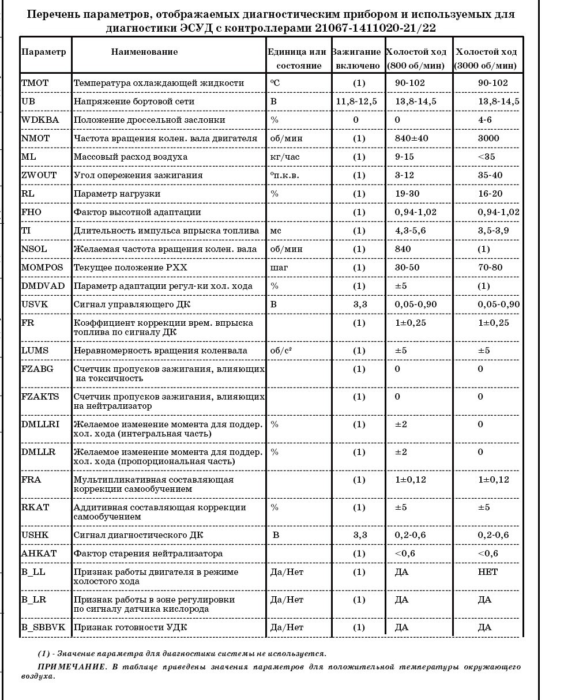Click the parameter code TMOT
(x=35, y=83)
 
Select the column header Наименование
(x=144, y=52)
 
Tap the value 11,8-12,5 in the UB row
(x=356, y=101)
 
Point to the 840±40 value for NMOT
(x=411, y=138)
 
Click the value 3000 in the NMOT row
(x=489, y=138)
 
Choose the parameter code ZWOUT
(x=39, y=175)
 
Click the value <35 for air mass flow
(x=487, y=157)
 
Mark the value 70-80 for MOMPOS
(x=490, y=268)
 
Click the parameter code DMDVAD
(x=43, y=286)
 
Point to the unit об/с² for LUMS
(x=283, y=351)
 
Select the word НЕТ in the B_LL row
(x=488, y=572)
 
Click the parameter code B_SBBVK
(x=44, y=627)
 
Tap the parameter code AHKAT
(x=39, y=554)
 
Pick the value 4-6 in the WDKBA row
(x=485, y=120)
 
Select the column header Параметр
(x=44, y=52)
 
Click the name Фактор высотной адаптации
(x=137, y=212)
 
